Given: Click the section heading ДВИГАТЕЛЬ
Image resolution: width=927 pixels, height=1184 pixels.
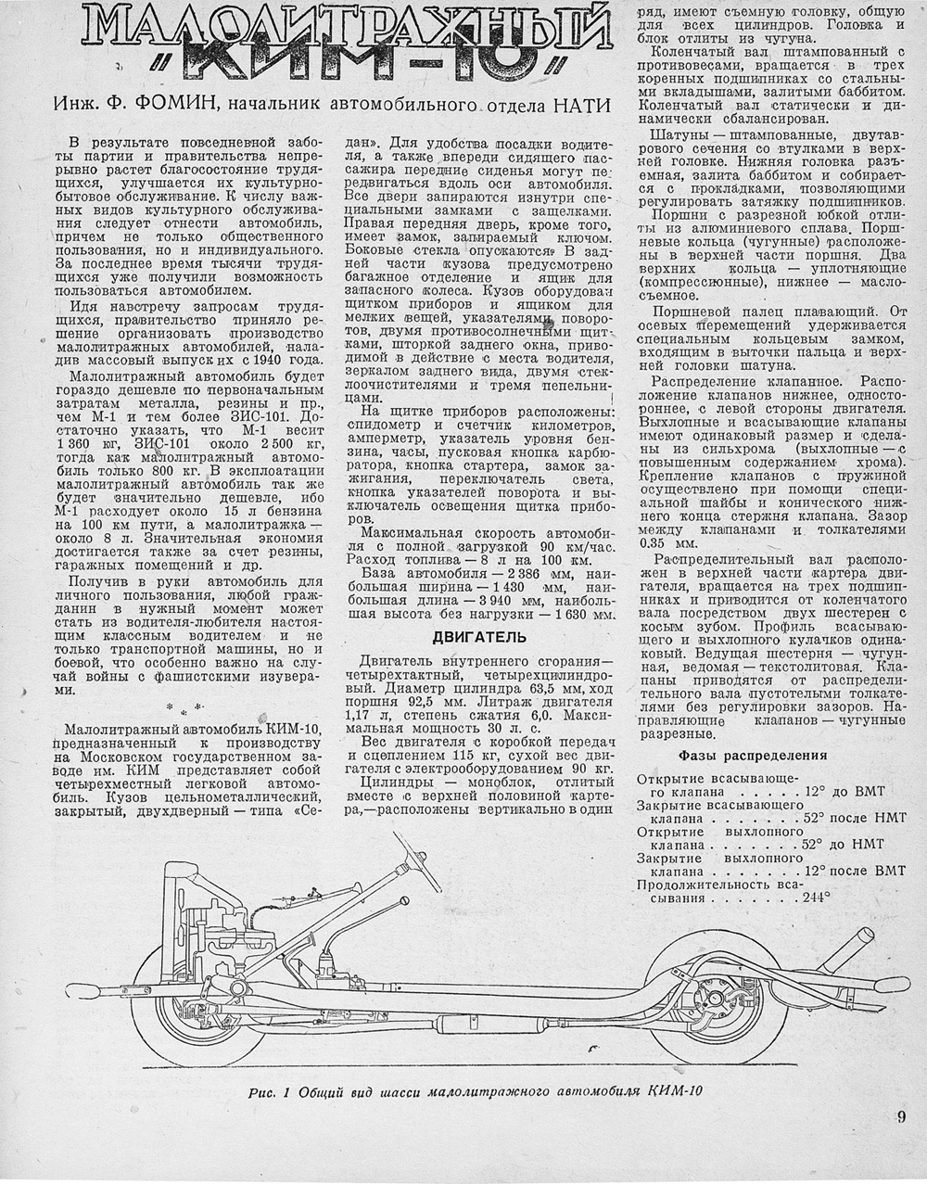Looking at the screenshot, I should click(x=479, y=637).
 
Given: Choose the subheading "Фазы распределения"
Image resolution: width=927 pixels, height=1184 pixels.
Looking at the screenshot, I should click(x=753, y=755).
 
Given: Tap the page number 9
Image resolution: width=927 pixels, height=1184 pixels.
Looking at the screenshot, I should click(x=900, y=1116).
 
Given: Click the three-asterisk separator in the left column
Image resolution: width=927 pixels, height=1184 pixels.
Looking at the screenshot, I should click(x=189, y=711).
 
